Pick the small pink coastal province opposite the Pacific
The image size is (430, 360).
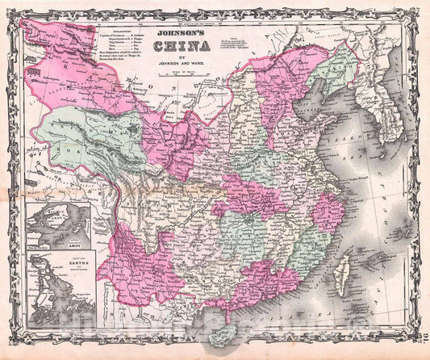(x=328, y=211)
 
